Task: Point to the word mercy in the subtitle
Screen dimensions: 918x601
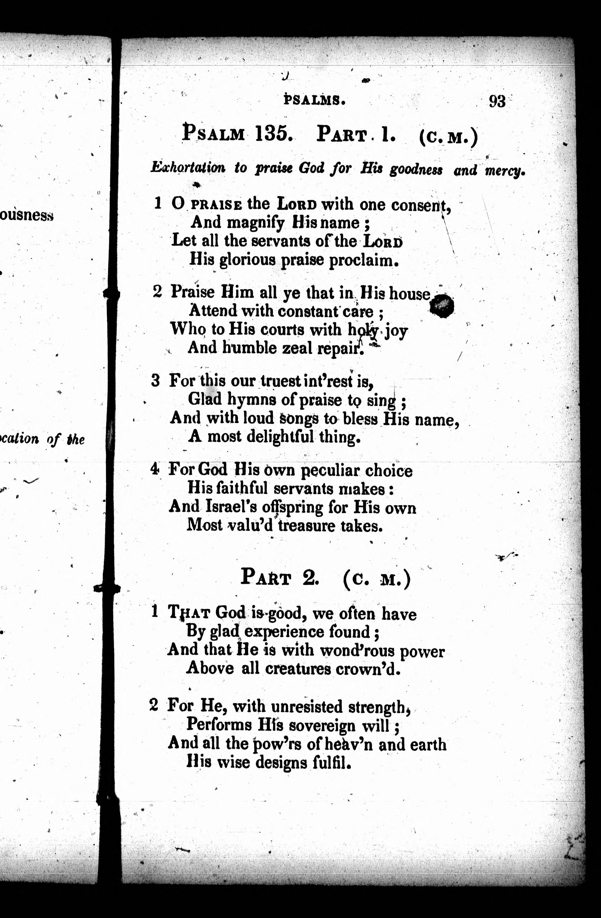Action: (505, 170)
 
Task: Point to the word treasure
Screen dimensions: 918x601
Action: (306, 526)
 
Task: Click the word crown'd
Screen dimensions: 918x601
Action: (368, 669)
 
